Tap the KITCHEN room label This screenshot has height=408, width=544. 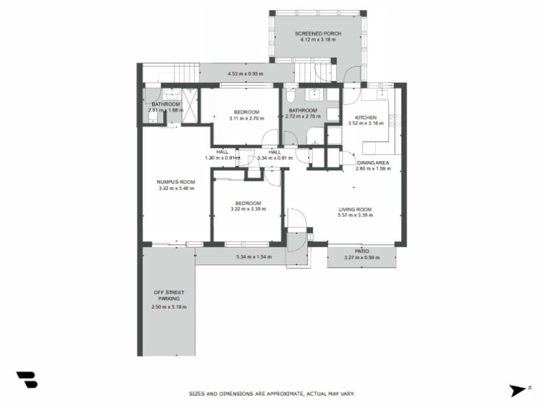(366, 117)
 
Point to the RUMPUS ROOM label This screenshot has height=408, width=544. (176, 182)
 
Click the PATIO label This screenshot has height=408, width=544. (361, 251)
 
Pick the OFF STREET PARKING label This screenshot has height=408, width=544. (169, 296)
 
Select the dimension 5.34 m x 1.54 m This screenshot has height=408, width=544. (254, 257)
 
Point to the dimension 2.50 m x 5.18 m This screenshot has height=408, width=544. (169, 307)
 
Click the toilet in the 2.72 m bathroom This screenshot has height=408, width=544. (291, 94)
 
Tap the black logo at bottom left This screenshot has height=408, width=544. (27, 380)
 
